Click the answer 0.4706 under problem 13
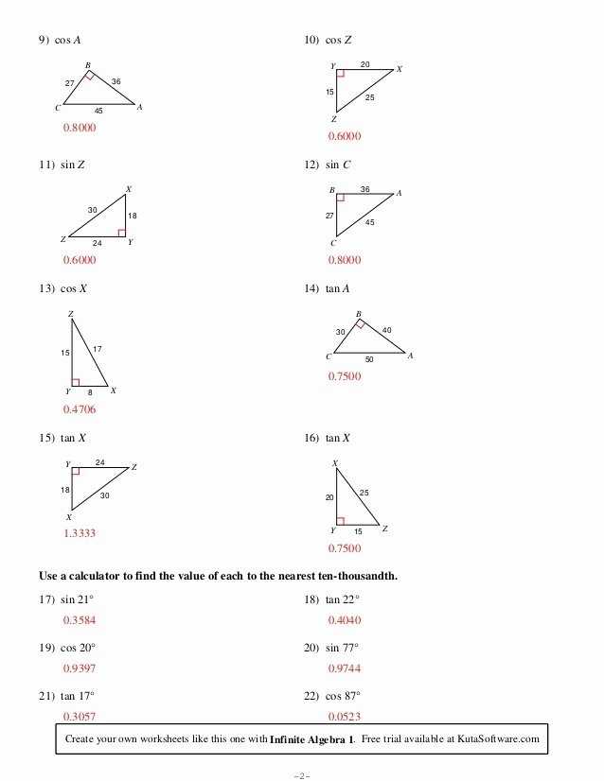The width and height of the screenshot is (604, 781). coord(79,409)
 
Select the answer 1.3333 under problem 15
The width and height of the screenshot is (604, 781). coord(79,533)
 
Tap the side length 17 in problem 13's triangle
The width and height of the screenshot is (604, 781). coord(97,350)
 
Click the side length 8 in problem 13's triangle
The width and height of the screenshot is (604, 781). coord(91,391)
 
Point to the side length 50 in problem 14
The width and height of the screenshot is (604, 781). coord(368,360)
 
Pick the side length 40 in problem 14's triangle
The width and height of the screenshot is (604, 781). coord(387,330)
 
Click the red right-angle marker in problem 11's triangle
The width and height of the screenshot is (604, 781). coord(121,232)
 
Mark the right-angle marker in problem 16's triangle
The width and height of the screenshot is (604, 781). coord(341,520)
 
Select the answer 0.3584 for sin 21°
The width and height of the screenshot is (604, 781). coord(79,620)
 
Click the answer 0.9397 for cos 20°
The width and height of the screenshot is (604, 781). coord(79,668)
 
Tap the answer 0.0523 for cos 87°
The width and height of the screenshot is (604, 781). coord(345,717)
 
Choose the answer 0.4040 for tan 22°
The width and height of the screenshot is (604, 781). coord(345,620)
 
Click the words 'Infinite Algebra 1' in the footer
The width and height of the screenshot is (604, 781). coord(311,738)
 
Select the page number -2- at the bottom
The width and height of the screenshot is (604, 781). coord(301,775)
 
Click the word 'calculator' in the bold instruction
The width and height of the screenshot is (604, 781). coord(102,576)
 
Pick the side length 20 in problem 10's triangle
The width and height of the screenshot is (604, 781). coord(365,63)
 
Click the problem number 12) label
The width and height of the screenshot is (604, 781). coord(311,165)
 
